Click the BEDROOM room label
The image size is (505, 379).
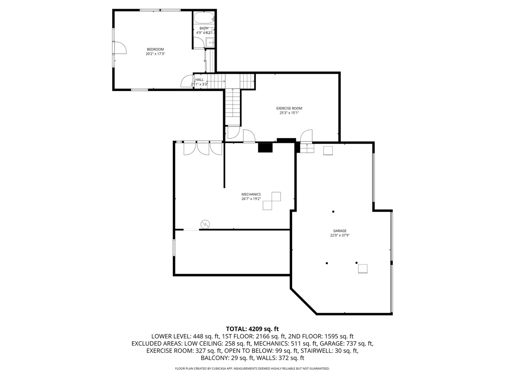point(155,49)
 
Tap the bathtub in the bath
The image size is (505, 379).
point(204,18)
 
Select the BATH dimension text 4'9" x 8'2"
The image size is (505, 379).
point(204,33)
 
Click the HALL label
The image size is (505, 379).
point(199,80)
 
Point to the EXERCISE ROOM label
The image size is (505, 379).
point(289,108)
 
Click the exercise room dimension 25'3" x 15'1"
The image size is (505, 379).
point(289,113)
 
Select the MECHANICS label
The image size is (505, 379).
point(251,194)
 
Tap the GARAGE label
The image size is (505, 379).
point(340,231)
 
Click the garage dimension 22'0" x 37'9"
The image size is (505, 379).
point(340,235)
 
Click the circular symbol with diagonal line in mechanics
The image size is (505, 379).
point(205,224)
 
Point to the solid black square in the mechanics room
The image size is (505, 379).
point(265,147)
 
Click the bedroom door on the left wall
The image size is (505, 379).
point(120,48)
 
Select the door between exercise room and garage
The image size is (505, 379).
point(306,136)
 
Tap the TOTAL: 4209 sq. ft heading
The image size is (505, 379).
point(252,329)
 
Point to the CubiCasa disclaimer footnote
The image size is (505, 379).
point(252,368)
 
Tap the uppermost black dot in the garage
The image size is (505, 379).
point(333,211)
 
